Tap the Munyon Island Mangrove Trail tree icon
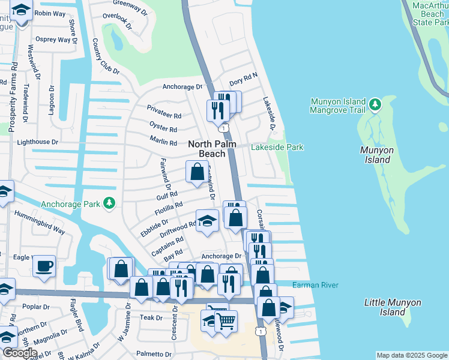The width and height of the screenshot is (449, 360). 375,105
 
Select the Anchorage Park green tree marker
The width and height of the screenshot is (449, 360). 109,204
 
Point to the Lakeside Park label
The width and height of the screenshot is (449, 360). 277,148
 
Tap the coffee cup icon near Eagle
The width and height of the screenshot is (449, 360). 44,266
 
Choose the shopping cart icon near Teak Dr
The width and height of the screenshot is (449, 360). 226,320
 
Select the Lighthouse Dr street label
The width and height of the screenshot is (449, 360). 37,142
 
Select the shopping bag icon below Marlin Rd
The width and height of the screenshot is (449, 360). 196,172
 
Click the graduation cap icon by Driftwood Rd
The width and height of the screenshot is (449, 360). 207,221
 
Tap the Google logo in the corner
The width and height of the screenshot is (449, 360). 20,353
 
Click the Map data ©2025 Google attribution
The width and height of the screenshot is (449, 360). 411,355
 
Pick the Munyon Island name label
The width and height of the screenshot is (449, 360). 376,155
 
